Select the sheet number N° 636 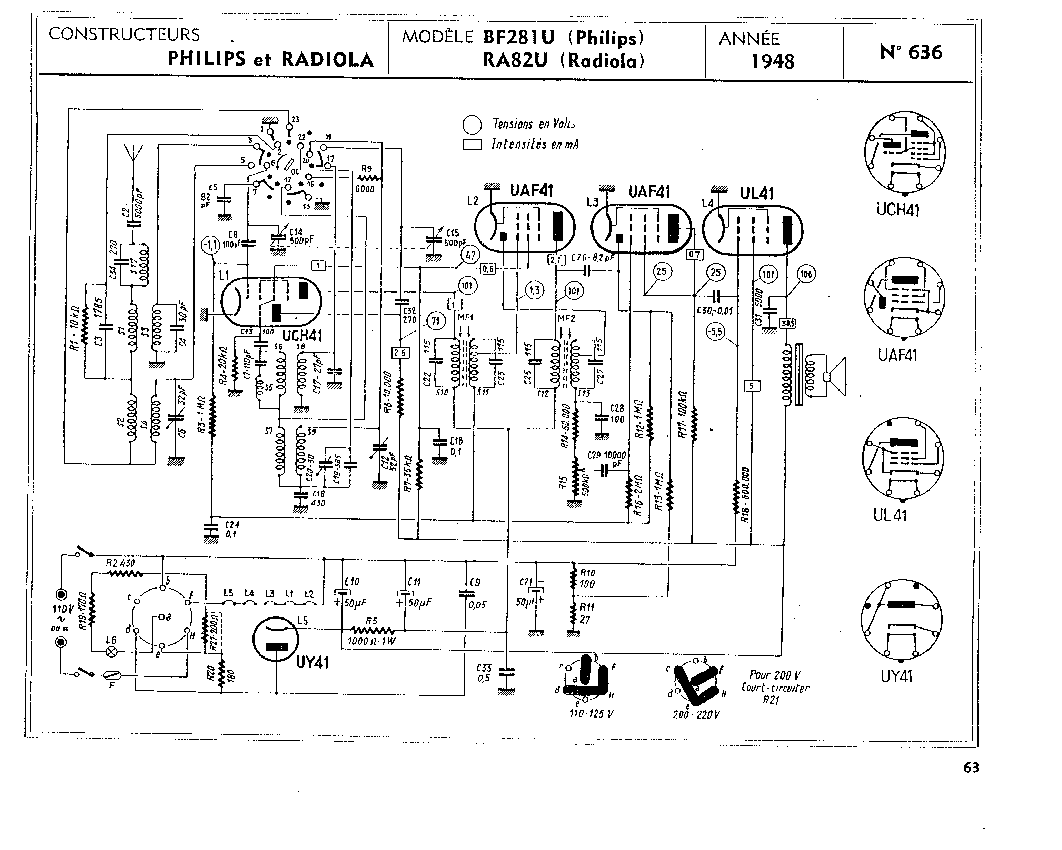tap(911, 52)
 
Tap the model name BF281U tap(519, 38)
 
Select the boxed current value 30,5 tap(787, 323)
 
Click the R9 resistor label tap(366, 169)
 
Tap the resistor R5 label tap(371, 621)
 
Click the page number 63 tap(971, 768)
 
